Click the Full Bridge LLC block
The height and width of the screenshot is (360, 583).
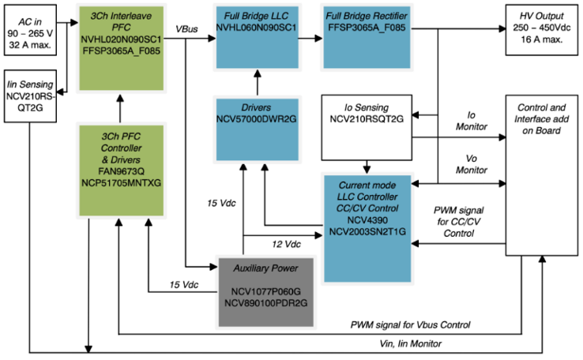click(256, 36)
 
